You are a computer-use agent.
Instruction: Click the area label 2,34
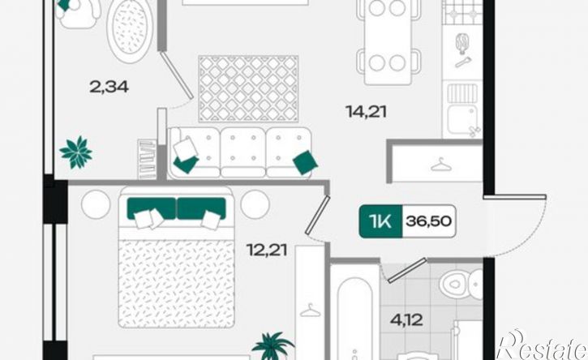109,87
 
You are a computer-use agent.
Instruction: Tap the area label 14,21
366,112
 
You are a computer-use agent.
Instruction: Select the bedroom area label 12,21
267,250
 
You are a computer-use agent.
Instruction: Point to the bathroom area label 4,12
406,320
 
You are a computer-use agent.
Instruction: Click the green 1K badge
380,221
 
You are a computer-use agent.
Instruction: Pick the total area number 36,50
428,221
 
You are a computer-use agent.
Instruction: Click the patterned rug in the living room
248,89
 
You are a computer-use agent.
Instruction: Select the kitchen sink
462,118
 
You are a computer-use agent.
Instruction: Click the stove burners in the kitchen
462,12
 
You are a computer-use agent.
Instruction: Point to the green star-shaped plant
76,152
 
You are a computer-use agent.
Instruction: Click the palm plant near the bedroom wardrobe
273,345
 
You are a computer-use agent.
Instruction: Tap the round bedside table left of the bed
96,204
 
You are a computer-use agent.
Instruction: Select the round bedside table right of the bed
255,204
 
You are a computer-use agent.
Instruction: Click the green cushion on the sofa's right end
305,162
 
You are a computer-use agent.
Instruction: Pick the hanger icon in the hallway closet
441,165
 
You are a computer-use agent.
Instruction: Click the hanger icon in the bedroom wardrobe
310,310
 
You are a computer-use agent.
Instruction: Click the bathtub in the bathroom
354,319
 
